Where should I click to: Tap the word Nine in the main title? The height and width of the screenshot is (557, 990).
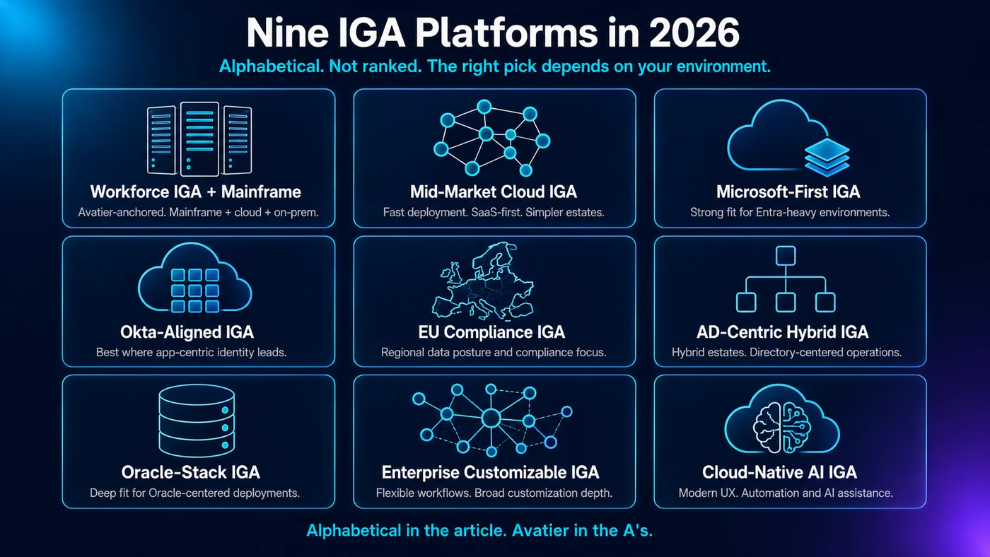tap(287, 33)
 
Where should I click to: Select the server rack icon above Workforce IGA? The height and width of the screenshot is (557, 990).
tap(199, 139)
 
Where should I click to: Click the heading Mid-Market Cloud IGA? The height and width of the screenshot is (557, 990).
tap(494, 192)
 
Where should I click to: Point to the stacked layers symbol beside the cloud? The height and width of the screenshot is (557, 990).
tap(827, 157)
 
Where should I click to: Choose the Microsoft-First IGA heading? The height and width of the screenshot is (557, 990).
tap(788, 192)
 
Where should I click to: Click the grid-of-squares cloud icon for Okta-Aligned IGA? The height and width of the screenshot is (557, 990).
tap(195, 277)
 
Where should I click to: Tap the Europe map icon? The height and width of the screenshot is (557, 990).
tap(483, 281)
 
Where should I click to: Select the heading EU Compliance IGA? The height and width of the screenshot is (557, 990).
tap(491, 332)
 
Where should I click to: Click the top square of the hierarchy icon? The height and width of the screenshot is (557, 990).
tap(786, 256)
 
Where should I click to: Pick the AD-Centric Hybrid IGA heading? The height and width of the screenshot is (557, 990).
tap(782, 332)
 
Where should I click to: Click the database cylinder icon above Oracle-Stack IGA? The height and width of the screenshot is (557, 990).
tap(197, 421)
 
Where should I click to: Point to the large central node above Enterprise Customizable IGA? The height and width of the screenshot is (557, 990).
tap(491, 418)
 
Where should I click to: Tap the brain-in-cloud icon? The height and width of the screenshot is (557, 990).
tap(782, 418)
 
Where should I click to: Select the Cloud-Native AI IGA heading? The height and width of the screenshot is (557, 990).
tap(779, 472)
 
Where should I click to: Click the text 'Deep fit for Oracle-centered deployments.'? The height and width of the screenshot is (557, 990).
tap(195, 493)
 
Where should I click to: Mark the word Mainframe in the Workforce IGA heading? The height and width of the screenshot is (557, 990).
tap(261, 192)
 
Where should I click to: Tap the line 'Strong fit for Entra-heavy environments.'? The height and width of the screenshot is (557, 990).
tap(790, 213)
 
